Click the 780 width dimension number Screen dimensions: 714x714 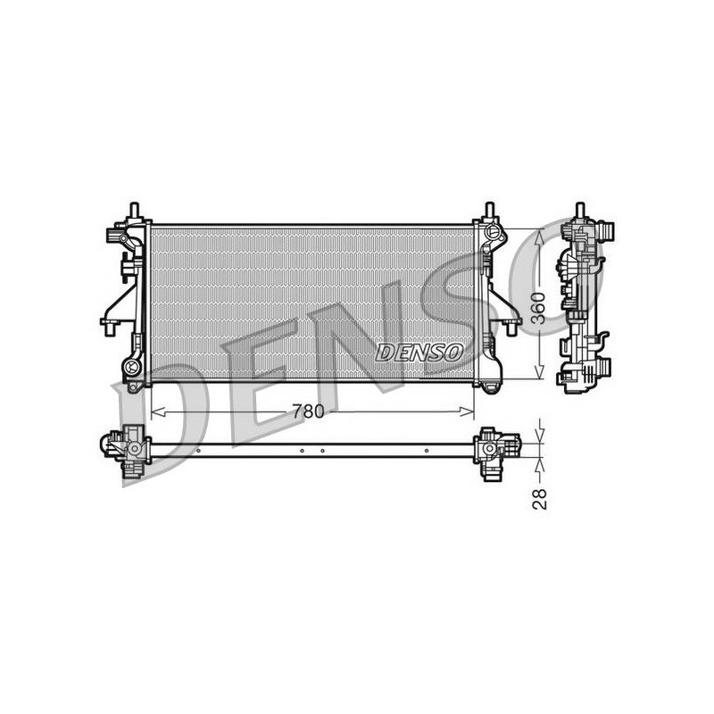click(x=308, y=411)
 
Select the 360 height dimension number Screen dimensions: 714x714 click(x=539, y=308)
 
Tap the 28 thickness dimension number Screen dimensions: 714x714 click(x=540, y=498)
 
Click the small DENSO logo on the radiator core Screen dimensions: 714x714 click(x=419, y=353)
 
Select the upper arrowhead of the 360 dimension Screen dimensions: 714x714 click(x=539, y=237)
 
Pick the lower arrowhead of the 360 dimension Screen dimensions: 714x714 click(x=539, y=371)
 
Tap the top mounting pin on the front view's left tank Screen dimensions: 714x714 click(x=135, y=210)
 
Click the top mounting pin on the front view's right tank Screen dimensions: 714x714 click(x=489, y=210)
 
